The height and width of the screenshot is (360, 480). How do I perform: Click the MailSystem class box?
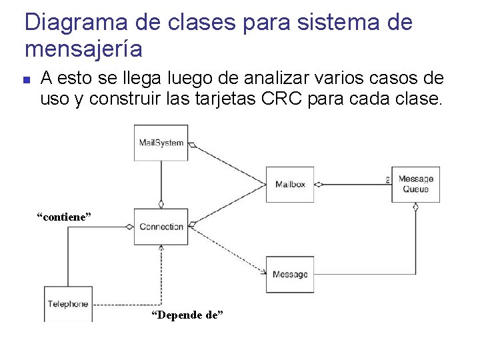click(x=161, y=143)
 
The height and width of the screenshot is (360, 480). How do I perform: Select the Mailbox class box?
click(x=290, y=184)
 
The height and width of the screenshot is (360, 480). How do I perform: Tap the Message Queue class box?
click(x=415, y=184)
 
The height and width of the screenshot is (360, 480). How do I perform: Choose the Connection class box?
click(x=161, y=227)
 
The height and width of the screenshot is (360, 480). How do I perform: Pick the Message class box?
click(x=290, y=274)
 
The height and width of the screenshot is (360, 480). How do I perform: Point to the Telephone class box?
click(x=68, y=304)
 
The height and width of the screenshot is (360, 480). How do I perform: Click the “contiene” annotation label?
click(x=63, y=217)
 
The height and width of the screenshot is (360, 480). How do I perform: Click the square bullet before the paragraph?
click(x=26, y=80)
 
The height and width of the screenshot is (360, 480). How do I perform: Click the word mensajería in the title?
click(x=83, y=49)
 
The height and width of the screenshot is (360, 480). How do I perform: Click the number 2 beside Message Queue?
click(x=387, y=179)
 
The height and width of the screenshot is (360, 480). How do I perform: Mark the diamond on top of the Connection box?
click(x=161, y=205)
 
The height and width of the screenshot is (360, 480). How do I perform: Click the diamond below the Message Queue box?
click(x=415, y=207)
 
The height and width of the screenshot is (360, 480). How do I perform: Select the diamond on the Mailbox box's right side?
click(x=319, y=184)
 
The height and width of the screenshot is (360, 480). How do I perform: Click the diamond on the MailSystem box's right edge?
click(x=192, y=144)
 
